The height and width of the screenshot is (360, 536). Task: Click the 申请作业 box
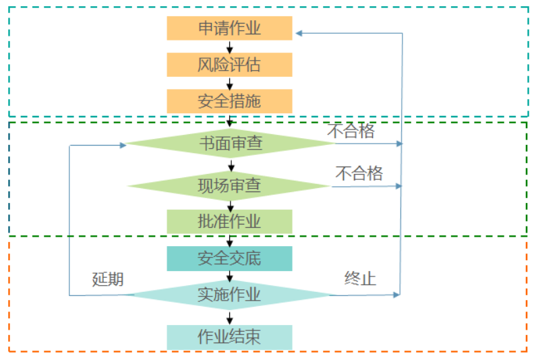coord(229,28)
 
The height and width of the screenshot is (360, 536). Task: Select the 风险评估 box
coord(229,65)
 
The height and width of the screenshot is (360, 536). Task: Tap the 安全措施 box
coord(229,101)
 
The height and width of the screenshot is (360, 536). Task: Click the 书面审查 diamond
coord(229,144)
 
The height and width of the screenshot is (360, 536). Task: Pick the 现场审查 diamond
coord(229,185)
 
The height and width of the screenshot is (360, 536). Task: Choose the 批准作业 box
coord(229,221)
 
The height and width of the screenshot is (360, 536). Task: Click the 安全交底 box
coord(229,258)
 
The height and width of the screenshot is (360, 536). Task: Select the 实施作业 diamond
coord(229,295)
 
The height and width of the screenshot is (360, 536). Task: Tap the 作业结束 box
coord(229,337)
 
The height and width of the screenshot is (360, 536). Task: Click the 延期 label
coord(108,279)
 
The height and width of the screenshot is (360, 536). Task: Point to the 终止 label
coord(360,278)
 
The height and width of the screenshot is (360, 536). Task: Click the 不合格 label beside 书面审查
coord(351,131)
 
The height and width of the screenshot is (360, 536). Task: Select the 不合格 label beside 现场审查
coord(359,173)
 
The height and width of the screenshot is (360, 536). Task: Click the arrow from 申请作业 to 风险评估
coord(230,47)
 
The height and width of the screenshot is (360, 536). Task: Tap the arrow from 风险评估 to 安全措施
coord(230,83)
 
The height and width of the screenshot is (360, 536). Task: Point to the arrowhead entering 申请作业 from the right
coord(299,32)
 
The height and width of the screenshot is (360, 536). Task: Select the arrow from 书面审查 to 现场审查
coord(231,165)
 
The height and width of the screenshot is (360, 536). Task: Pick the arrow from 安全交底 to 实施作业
coord(230,276)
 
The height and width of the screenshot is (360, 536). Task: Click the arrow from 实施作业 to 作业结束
coord(230,318)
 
